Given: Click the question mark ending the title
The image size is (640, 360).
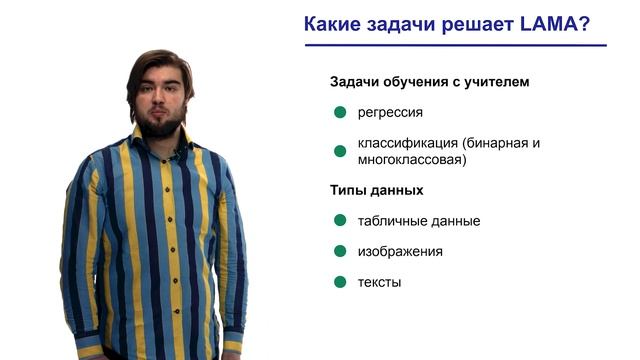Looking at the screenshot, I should pos(583,24).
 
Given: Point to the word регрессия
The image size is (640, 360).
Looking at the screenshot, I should pos(391,112).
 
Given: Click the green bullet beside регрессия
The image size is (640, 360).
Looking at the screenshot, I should pos(340,112).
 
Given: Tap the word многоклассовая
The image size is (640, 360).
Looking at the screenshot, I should pos(411,159).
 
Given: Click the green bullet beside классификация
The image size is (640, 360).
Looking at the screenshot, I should pos(340,151).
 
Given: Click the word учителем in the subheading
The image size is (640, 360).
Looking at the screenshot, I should pos(496,82).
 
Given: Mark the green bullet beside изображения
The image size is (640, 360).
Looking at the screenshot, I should pos(340,251).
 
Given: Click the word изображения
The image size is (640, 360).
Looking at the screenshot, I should pos(400,251).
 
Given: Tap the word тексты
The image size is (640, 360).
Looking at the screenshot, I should pos(379,282).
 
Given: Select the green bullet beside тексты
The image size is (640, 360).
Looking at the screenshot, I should pos(340,282).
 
